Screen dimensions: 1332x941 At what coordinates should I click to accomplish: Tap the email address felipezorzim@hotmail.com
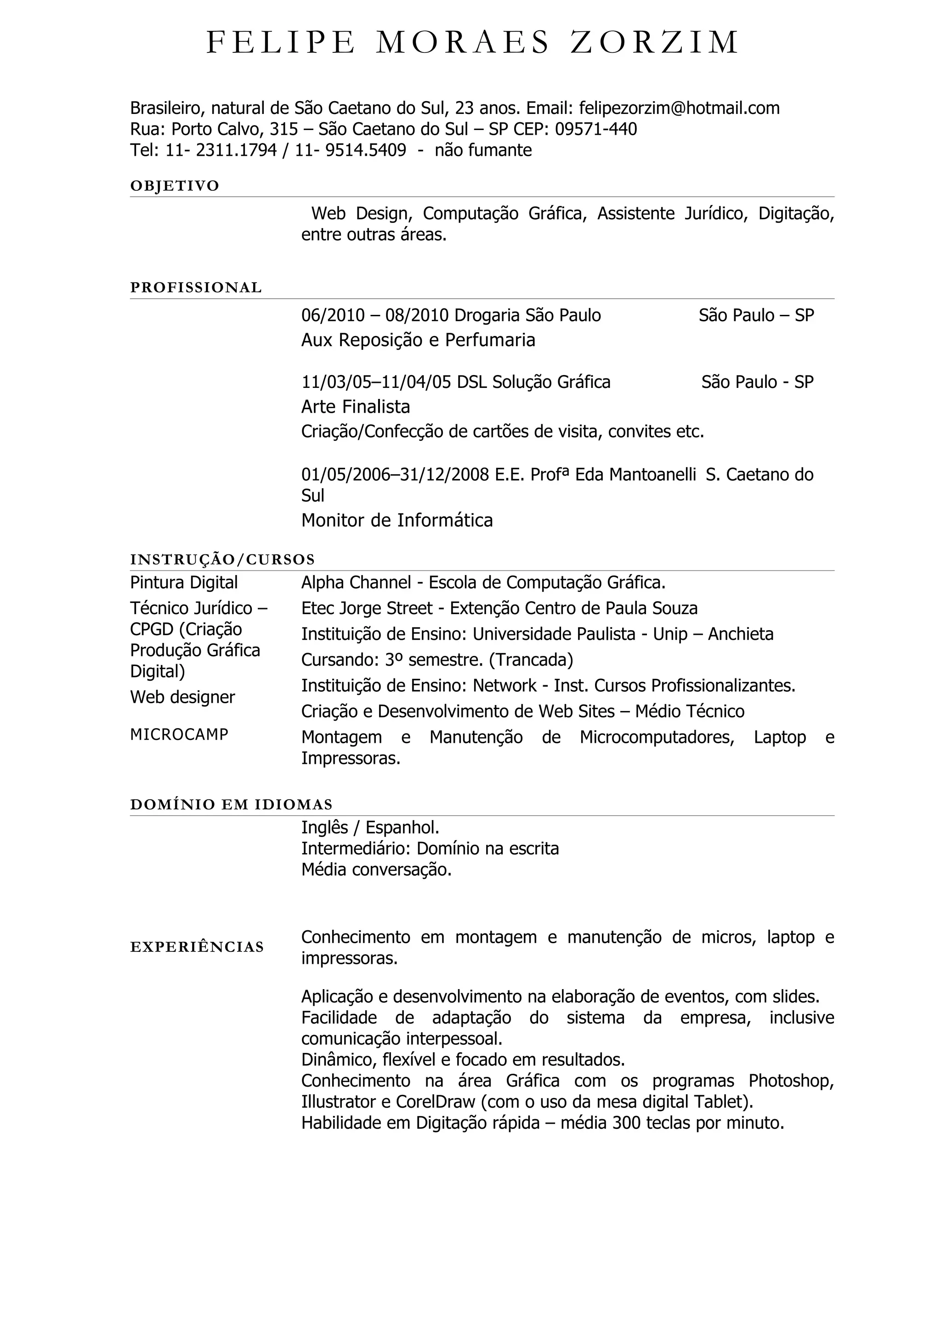click(679, 108)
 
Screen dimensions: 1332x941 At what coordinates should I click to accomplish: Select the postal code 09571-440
click(596, 129)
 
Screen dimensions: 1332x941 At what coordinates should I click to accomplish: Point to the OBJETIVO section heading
click(175, 186)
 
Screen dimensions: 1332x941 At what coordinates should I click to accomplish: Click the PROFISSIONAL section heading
click(196, 288)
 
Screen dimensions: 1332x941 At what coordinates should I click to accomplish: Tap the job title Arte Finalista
click(356, 407)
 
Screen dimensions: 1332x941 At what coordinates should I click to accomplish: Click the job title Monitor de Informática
click(397, 520)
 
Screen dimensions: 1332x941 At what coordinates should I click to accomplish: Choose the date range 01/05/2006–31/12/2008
click(396, 474)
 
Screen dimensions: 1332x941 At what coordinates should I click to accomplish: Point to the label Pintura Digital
click(184, 582)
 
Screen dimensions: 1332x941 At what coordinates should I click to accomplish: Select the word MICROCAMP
click(179, 734)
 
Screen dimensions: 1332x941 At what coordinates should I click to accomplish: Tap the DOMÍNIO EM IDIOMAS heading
click(231, 805)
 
